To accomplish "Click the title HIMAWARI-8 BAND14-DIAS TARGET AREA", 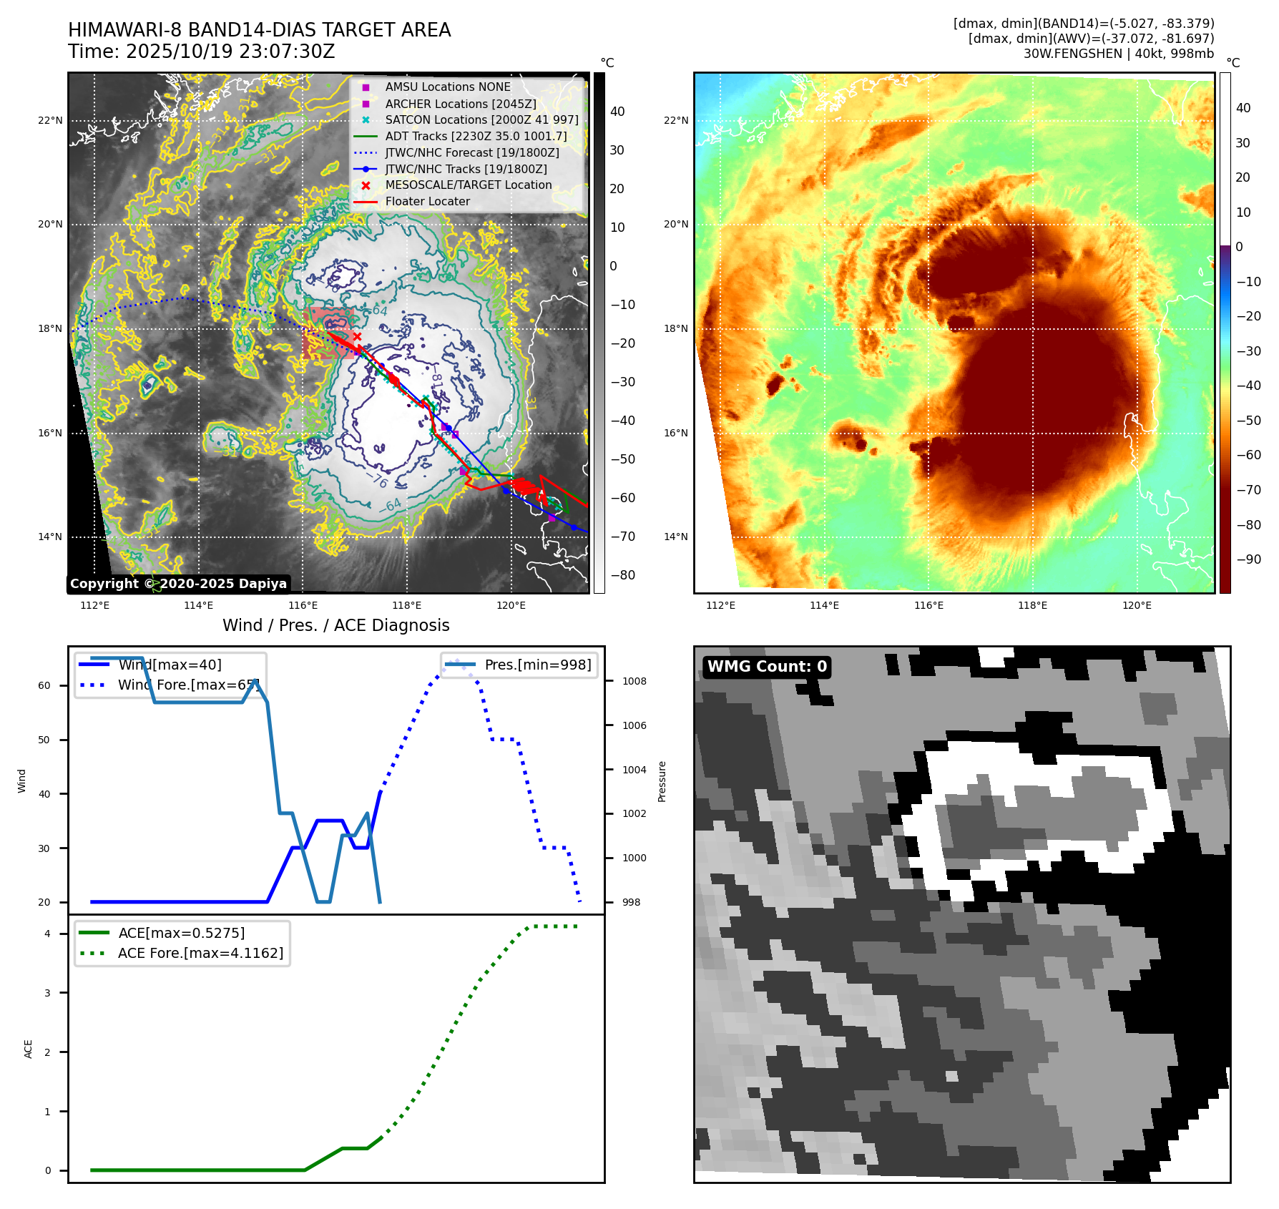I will tap(259, 30).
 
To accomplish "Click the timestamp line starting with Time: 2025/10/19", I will tap(201, 52).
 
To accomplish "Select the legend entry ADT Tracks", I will tap(476, 136).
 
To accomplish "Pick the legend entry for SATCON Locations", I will tap(481, 119).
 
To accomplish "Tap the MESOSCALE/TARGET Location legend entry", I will tap(468, 185).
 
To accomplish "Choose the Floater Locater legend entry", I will tap(427, 201).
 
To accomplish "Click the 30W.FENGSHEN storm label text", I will tap(1118, 54).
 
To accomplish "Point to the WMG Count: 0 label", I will tap(767, 667).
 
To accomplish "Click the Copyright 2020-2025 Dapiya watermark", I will tap(178, 584).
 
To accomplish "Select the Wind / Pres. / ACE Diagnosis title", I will tap(336, 625).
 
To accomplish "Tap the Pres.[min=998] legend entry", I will tap(537, 665).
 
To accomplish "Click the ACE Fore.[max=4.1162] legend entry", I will tap(200, 953).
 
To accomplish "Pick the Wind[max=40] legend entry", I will tap(170, 665).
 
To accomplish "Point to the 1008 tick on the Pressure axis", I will tap(634, 681).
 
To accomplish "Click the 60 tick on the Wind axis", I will tap(44, 685).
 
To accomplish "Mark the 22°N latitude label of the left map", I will tap(50, 120).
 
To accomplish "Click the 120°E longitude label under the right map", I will tap(1137, 605).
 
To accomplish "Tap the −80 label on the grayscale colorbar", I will tap(622, 575).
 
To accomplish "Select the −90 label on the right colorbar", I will tap(1248, 559).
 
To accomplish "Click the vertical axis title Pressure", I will tap(662, 781).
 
